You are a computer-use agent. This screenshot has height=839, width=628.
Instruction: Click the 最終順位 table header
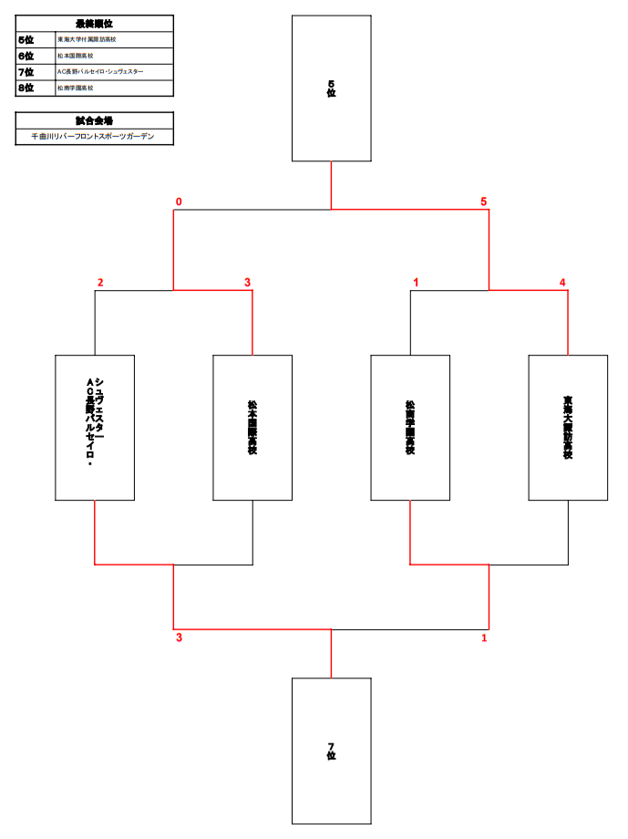pyautogui.click(x=95, y=24)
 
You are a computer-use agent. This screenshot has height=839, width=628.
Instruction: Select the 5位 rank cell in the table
pyautogui.click(x=26, y=40)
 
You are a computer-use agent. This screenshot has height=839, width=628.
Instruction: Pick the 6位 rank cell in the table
pyautogui.click(x=26, y=56)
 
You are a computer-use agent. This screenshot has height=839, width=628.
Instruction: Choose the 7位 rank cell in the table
pyautogui.click(x=26, y=72)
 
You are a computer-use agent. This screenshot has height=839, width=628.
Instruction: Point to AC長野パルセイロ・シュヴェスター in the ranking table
pyautogui.click(x=100, y=72)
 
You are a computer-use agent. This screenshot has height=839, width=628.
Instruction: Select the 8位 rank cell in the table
pyautogui.click(x=26, y=88)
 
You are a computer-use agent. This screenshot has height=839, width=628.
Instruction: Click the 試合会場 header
pyautogui.click(x=95, y=120)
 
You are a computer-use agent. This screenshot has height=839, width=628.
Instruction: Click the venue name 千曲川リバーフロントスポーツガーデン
pyautogui.click(x=95, y=136)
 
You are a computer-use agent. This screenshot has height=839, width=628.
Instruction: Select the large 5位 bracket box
pyautogui.click(x=331, y=88)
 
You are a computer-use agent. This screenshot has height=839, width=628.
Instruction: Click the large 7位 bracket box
pyautogui.click(x=331, y=751)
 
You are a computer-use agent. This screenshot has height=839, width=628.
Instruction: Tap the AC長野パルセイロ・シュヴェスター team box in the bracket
pyautogui.click(x=95, y=427)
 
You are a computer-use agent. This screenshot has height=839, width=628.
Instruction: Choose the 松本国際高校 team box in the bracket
pyautogui.click(x=252, y=427)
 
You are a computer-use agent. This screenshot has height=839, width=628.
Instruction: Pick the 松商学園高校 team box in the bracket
pyautogui.click(x=410, y=427)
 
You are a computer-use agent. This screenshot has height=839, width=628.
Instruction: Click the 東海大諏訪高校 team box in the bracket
pyautogui.click(x=568, y=427)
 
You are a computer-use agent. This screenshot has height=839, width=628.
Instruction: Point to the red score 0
pyautogui.click(x=179, y=202)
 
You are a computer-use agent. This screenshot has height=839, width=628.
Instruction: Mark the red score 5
pyautogui.click(x=484, y=202)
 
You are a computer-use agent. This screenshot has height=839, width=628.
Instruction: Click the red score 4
pyautogui.click(x=562, y=283)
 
